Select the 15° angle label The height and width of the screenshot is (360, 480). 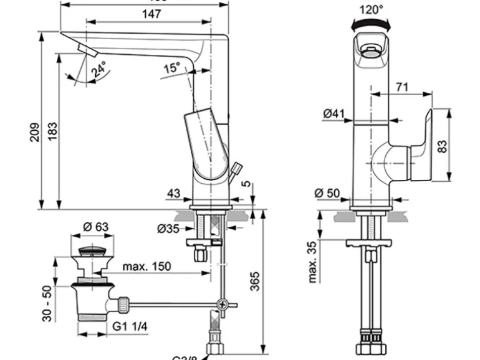(x=172, y=67)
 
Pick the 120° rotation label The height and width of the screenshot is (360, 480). (x=372, y=9)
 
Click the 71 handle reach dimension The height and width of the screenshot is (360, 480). (x=401, y=87)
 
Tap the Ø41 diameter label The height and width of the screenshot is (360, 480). (x=335, y=113)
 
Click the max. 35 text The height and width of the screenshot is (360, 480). (x=314, y=260)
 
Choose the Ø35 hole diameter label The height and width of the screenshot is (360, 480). (x=168, y=229)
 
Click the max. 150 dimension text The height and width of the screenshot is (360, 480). (x=147, y=267)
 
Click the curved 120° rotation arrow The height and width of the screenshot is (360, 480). (x=371, y=24)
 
